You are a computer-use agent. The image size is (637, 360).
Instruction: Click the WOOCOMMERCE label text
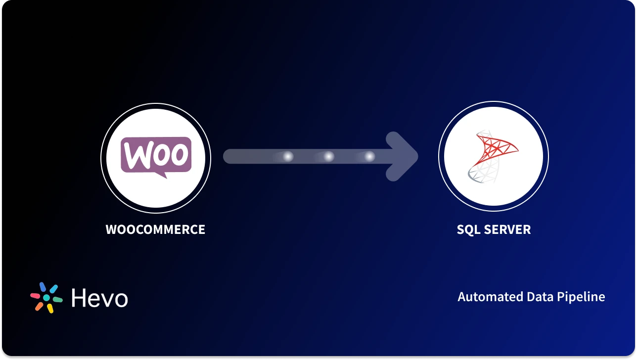(155, 229)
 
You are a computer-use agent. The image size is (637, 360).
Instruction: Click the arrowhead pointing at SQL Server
(403, 157)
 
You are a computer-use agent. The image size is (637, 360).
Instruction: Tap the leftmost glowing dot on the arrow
(287, 157)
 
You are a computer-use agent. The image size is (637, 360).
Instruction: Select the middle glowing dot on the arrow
(328, 157)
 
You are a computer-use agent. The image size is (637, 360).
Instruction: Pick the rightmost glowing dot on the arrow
(369, 157)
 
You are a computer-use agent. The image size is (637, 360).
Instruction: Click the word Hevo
(99, 298)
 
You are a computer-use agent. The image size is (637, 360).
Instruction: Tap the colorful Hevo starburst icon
(46, 298)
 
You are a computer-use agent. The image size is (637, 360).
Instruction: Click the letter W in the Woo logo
(136, 155)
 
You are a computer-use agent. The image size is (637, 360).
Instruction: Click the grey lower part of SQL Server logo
(478, 174)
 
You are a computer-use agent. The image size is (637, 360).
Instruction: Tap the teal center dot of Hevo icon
(46, 298)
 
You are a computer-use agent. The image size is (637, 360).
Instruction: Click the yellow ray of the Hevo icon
(50, 309)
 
